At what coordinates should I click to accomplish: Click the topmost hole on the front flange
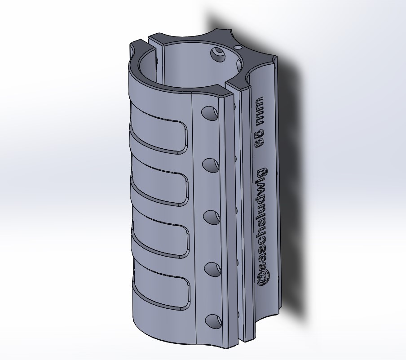210,113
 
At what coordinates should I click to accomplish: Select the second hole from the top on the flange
211,165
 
